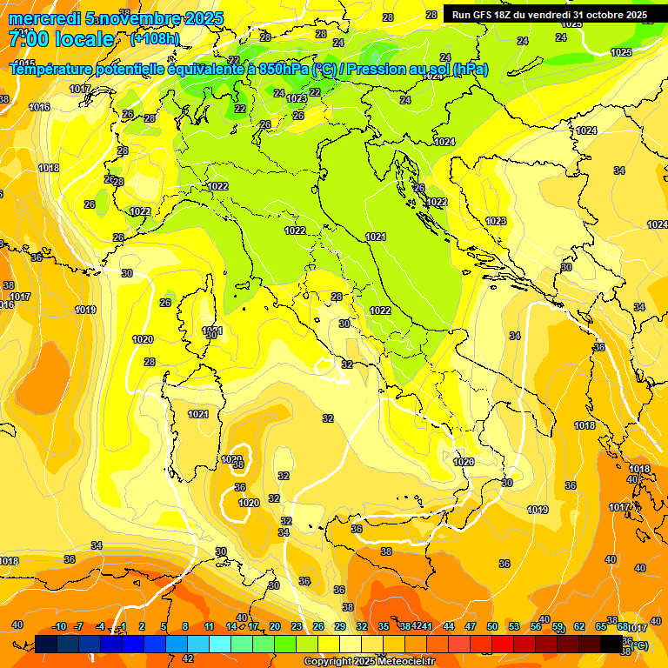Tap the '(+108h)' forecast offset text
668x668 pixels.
154,39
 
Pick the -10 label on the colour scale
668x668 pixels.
59,626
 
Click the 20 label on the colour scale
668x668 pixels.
275,626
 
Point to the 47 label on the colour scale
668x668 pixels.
471,626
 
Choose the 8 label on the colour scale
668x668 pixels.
185,626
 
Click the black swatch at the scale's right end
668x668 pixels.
611,644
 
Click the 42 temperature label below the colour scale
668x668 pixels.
188,658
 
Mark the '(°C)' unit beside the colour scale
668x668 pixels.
639,645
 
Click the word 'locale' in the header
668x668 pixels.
83,39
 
